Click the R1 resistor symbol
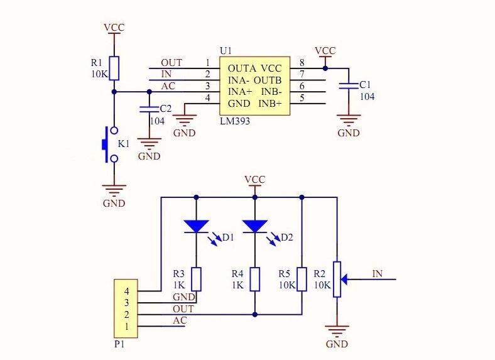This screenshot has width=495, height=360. click(114, 68)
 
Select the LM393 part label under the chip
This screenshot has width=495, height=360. click(235, 121)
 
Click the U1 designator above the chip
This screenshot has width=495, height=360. click(226, 50)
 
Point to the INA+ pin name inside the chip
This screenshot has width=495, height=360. click(240, 92)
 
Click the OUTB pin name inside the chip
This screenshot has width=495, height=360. click(268, 80)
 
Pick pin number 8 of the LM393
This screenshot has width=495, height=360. click(302, 63)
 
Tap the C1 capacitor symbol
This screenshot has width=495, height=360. click(349, 85)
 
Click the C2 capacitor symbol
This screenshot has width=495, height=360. click(150, 109)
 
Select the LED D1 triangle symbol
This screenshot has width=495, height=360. click(196, 226)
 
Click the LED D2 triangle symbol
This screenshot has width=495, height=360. click(255, 226)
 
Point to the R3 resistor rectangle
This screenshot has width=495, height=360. click(197, 279)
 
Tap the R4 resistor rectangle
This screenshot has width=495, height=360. click(255, 279)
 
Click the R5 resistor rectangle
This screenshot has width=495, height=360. click(302, 279)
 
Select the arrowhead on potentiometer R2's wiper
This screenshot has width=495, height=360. click(344, 279)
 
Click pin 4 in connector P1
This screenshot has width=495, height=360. click(127, 291)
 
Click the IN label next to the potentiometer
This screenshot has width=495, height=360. click(378, 273)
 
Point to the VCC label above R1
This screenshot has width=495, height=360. click(114, 28)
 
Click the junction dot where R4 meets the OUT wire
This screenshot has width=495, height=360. click(255, 315)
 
